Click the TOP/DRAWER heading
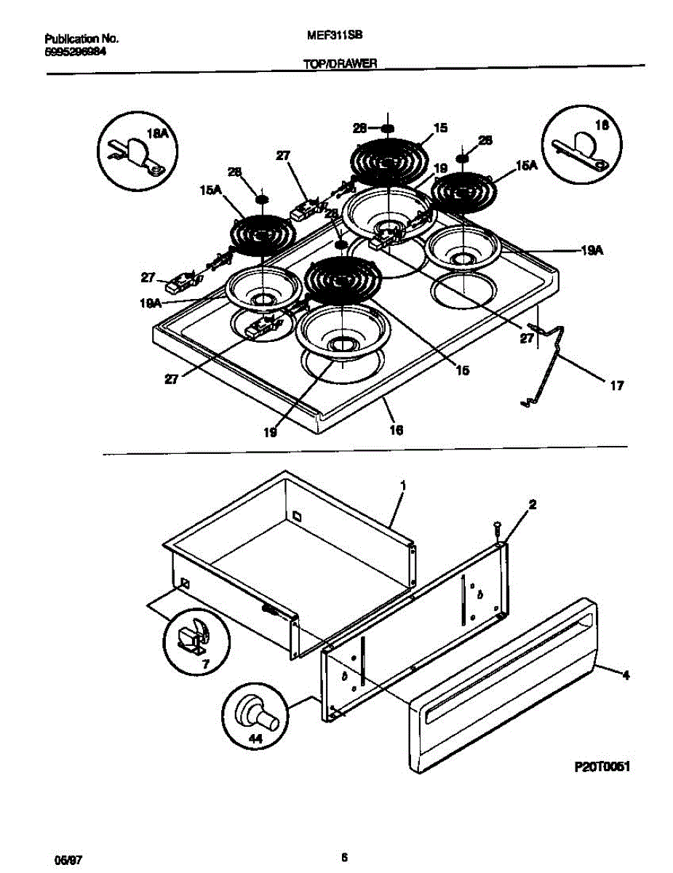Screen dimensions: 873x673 click(x=340, y=64)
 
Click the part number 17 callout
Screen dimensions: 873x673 click(x=616, y=386)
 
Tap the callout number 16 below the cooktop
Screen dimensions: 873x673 click(x=396, y=430)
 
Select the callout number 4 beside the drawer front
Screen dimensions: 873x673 click(x=625, y=675)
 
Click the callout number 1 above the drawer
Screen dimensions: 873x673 click(x=403, y=484)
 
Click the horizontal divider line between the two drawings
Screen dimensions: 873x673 click(x=364, y=448)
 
